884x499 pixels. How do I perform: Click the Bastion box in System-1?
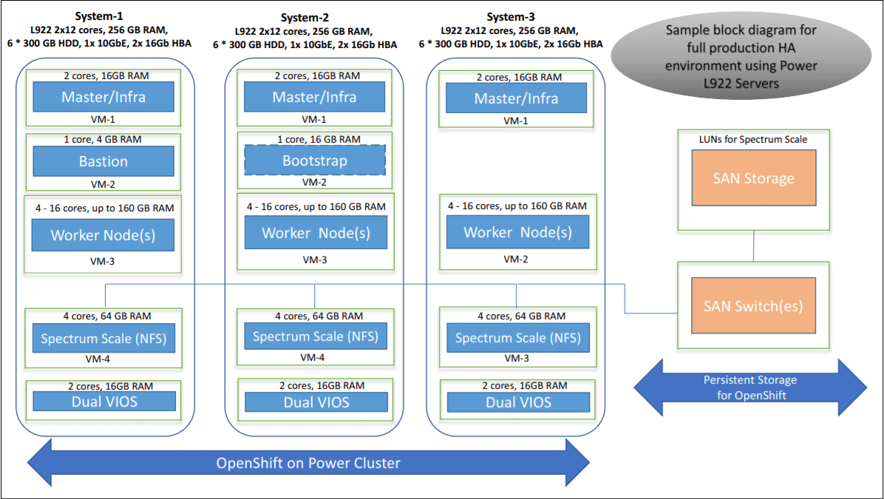pos(103,161)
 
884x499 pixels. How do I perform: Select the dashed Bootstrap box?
pos(315,160)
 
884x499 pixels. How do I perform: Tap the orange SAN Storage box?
pos(754,177)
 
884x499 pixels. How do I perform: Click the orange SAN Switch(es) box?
pos(753,305)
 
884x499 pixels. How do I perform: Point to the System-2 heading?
pos(305,18)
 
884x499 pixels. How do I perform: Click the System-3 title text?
pos(511,17)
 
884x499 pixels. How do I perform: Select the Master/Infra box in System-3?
pos(516,98)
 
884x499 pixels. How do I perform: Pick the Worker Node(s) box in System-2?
pos(316,233)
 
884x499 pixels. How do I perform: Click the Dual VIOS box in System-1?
pos(104,401)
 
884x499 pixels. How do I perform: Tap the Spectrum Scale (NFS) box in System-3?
pos(517,338)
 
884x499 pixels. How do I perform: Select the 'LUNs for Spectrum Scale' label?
pos(753,139)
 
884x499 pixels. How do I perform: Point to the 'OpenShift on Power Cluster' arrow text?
pos(307,463)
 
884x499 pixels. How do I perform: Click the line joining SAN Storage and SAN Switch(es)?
pos(753,245)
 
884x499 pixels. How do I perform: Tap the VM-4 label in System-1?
pos(103,360)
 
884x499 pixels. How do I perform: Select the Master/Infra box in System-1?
pos(103,97)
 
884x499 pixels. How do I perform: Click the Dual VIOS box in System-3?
pos(518,402)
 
